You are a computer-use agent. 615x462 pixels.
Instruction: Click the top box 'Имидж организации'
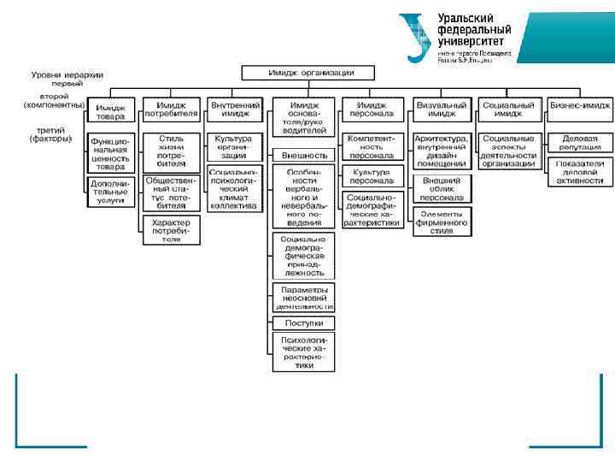tap(310, 73)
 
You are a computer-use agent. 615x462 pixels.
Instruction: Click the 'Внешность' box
tap(304, 155)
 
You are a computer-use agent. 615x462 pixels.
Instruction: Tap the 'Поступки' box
tap(304, 323)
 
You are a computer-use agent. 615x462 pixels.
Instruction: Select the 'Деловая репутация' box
tap(580, 142)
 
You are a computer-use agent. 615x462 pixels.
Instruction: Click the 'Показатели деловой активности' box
tap(580, 171)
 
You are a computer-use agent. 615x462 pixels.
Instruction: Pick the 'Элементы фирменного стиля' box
tap(442, 222)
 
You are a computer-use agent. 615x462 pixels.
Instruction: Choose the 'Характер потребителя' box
tap(171, 230)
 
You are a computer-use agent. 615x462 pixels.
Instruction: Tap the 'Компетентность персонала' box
tap(371, 146)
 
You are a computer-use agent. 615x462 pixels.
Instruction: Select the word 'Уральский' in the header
tap(466, 18)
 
